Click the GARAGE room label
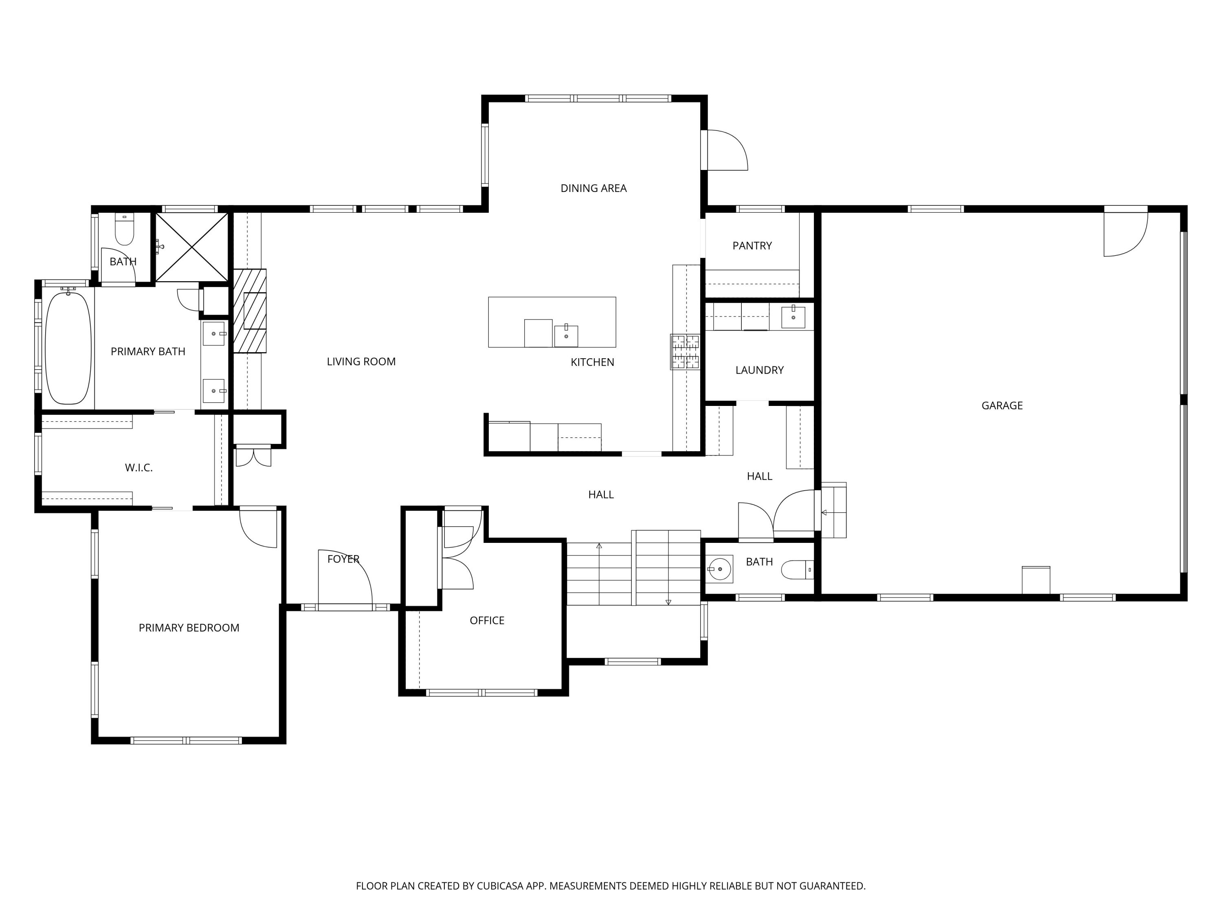(1002, 406)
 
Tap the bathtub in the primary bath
(68, 348)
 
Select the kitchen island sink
(566, 335)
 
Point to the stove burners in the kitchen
(685, 352)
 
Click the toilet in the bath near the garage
(798, 570)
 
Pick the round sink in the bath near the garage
(719, 569)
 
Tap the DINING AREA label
(593, 188)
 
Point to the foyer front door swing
(345, 578)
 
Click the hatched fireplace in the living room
(250, 311)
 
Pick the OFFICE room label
(487, 621)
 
